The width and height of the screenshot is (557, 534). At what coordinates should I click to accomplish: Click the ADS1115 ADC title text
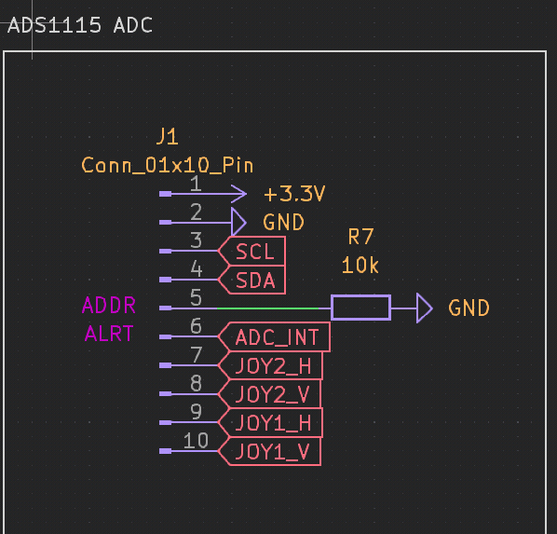tap(79, 25)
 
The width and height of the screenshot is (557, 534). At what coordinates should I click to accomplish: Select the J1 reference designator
tap(167, 138)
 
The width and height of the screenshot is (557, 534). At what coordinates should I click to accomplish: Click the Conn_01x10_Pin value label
tap(168, 166)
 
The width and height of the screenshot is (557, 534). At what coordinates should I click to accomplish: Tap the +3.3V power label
tap(293, 195)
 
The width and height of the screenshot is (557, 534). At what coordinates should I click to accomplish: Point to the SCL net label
tap(254, 252)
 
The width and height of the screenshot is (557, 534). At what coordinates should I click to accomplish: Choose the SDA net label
tap(254, 280)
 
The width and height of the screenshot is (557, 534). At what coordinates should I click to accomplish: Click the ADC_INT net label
tap(277, 337)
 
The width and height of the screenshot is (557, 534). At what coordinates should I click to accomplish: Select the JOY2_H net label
tap(273, 365)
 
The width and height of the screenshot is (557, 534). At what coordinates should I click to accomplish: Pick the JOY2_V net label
tap(272, 394)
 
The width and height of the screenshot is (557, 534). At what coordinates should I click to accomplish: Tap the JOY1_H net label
tap(273, 423)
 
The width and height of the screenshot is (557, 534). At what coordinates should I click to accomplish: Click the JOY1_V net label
tap(272, 452)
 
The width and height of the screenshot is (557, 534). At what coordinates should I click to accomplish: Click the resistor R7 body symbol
tap(360, 308)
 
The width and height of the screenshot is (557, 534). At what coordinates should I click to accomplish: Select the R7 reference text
tap(360, 237)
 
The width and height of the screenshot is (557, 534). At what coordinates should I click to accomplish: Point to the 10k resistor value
tap(360, 266)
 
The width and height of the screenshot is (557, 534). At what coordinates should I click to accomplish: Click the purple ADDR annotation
tap(109, 306)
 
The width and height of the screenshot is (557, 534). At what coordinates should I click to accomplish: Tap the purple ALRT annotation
tap(109, 334)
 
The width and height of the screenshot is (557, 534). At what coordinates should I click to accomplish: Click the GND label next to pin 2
tap(283, 223)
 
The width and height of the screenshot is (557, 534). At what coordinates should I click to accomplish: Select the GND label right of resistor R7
tap(469, 308)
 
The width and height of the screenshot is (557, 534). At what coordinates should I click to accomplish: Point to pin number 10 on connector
tap(196, 440)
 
